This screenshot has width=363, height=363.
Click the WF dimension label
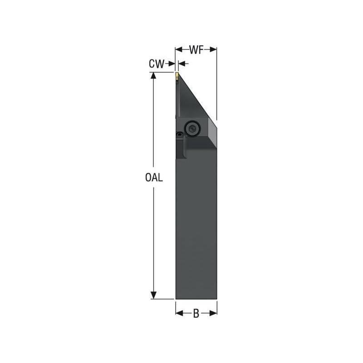point(196,50)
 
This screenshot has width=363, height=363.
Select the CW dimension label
point(156,64)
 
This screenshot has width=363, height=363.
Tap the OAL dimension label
point(154,178)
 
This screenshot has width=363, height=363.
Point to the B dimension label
point(196,314)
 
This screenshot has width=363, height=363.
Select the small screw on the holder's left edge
point(180,135)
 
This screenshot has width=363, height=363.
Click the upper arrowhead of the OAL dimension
point(154,77)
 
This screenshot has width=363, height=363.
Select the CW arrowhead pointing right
point(172,64)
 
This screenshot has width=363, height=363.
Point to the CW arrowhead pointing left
point(181,64)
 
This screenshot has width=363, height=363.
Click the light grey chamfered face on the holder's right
point(212,132)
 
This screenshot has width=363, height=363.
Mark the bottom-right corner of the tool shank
point(216,299)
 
